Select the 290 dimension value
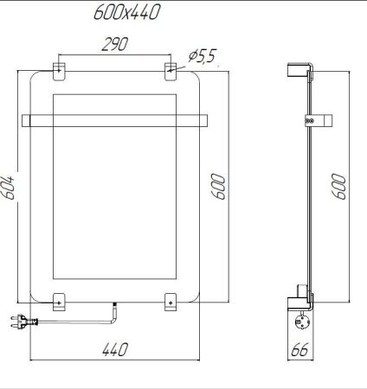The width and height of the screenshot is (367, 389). coord(113,46)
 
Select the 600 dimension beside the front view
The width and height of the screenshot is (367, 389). coord(221,185)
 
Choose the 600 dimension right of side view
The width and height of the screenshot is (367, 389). coord(339,185)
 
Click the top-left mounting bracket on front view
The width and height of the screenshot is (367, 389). coord(60,69)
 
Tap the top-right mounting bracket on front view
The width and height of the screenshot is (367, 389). coord(171,69)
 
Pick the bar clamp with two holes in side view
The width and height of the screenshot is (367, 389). coord(309,121)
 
